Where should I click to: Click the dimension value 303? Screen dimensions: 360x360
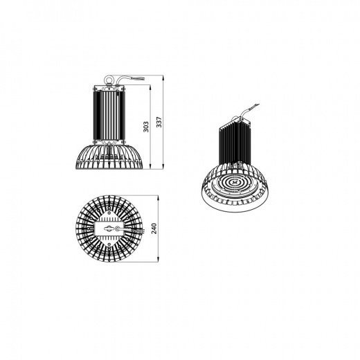[x=146, y=127]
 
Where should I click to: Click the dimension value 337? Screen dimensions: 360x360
[x=159, y=122]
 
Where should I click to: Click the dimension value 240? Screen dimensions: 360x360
[x=154, y=228]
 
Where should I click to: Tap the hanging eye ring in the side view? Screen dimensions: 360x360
[x=109, y=80]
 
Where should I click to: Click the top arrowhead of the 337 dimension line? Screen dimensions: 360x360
[x=163, y=77]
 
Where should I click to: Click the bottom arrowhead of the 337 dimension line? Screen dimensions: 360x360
[x=163, y=167]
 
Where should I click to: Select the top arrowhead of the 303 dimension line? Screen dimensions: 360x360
[x=150, y=87]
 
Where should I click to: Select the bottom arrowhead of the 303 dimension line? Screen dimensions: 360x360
[x=150, y=167]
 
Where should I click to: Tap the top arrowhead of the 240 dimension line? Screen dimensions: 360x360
[x=158, y=197]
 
